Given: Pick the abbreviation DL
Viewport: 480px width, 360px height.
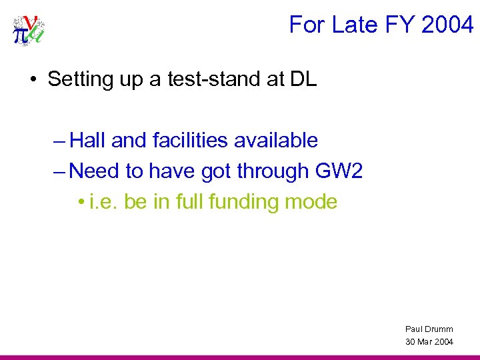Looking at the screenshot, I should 303,80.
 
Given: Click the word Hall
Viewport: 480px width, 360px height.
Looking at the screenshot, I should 88,141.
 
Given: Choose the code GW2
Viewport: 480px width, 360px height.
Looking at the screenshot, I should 338,171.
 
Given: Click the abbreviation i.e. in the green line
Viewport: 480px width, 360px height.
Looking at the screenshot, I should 104,201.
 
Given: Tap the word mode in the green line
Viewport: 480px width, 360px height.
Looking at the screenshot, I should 313,201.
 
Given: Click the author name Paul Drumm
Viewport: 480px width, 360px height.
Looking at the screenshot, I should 429,329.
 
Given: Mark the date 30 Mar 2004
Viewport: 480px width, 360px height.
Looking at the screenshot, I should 429,341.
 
